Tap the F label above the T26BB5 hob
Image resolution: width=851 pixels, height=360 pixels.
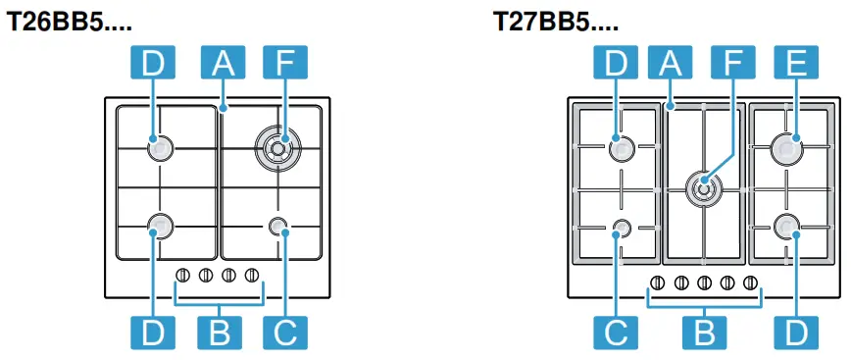[x=284, y=65]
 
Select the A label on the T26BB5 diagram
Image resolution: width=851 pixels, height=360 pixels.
[x=223, y=65]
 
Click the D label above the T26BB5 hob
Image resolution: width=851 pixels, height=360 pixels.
[x=153, y=65]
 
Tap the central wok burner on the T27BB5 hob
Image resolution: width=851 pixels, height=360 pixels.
[x=703, y=184]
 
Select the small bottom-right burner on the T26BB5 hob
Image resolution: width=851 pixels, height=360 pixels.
[x=278, y=228]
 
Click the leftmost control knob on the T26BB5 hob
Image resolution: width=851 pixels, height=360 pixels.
[x=183, y=276]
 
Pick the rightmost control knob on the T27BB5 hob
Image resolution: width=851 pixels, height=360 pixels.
[x=750, y=283]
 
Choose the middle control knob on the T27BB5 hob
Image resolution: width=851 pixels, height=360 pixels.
[x=704, y=283]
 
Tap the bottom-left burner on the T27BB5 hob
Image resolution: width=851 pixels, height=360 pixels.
[x=621, y=228]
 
